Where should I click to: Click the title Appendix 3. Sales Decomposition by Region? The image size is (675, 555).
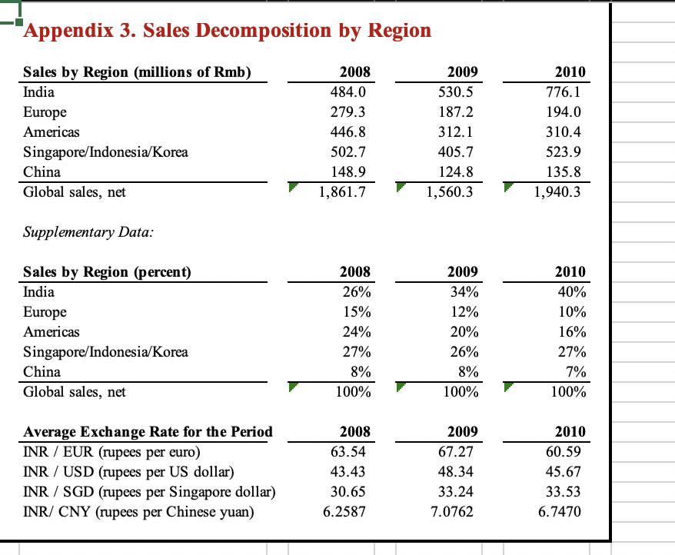pyautogui.click(x=228, y=31)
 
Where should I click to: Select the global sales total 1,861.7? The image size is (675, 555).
pyautogui.click(x=344, y=192)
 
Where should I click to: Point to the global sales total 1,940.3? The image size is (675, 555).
pyautogui.click(x=560, y=192)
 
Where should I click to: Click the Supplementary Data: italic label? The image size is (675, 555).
pyautogui.click(x=88, y=231)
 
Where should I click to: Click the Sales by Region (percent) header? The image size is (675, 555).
pyautogui.click(x=108, y=272)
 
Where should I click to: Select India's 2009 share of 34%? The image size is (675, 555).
pyautogui.click(x=465, y=292)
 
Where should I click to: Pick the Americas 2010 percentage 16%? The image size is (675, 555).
pyautogui.click(x=573, y=332)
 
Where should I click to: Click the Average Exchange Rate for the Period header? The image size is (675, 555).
pyautogui.click(x=148, y=432)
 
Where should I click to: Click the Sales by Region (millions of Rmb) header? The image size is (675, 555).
pyautogui.click(x=137, y=72)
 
